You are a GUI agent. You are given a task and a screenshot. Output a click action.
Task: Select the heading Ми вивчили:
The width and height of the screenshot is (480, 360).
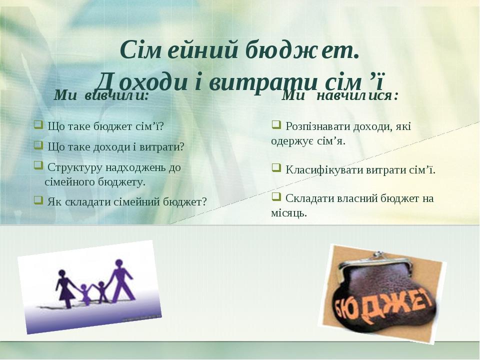pyautogui.click(x=101, y=95)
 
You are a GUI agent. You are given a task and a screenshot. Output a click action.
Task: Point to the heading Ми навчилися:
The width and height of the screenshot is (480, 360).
pyautogui.click(x=340, y=95)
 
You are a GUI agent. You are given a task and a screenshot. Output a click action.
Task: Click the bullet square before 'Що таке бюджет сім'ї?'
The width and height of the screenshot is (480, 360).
pyautogui.click(x=38, y=124)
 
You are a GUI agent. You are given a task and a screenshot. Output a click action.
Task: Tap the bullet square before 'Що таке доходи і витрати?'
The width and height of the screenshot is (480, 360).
pyautogui.click(x=38, y=145)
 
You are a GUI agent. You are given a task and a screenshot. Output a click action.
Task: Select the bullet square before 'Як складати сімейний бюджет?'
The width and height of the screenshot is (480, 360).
pyautogui.click(x=38, y=200)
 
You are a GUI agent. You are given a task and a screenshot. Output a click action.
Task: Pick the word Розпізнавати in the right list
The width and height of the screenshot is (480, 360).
pyautogui.click(x=318, y=126)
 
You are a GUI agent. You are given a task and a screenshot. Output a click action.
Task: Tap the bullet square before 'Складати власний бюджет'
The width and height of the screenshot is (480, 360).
pyautogui.click(x=276, y=196)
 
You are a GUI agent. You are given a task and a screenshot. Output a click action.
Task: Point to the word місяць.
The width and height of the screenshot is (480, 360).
pyautogui.click(x=289, y=213)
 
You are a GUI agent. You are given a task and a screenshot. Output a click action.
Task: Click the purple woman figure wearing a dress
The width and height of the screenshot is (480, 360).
pyautogui.click(x=65, y=288)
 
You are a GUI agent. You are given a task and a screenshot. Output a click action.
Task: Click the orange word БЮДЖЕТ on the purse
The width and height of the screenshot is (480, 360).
pyautogui.click(x=383, y=306)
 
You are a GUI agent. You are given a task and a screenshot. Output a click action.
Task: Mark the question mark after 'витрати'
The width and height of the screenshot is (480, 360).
pyautogui.click(x=182, y=147)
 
